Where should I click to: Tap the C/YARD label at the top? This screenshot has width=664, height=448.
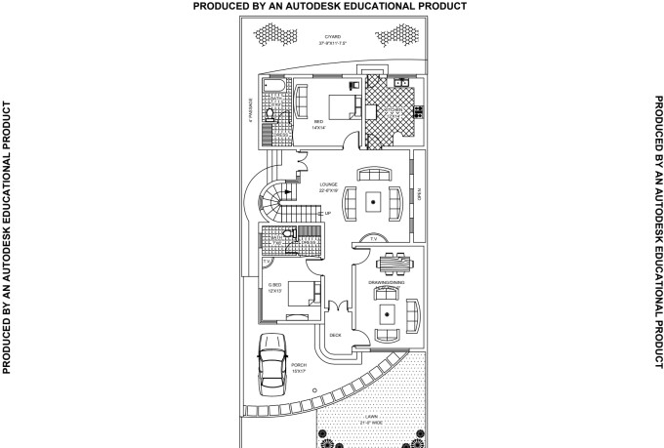pos(333,38)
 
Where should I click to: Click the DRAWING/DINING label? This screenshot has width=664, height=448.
pos(387,283)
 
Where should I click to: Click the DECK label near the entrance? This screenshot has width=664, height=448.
pos(335,335)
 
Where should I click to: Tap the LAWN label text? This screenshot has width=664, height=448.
pos(370,417)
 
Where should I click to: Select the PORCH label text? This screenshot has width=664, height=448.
pos(298,365)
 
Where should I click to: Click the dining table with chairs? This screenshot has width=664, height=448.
pos(393,265)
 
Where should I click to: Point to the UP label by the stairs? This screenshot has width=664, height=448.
pos(327,214)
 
